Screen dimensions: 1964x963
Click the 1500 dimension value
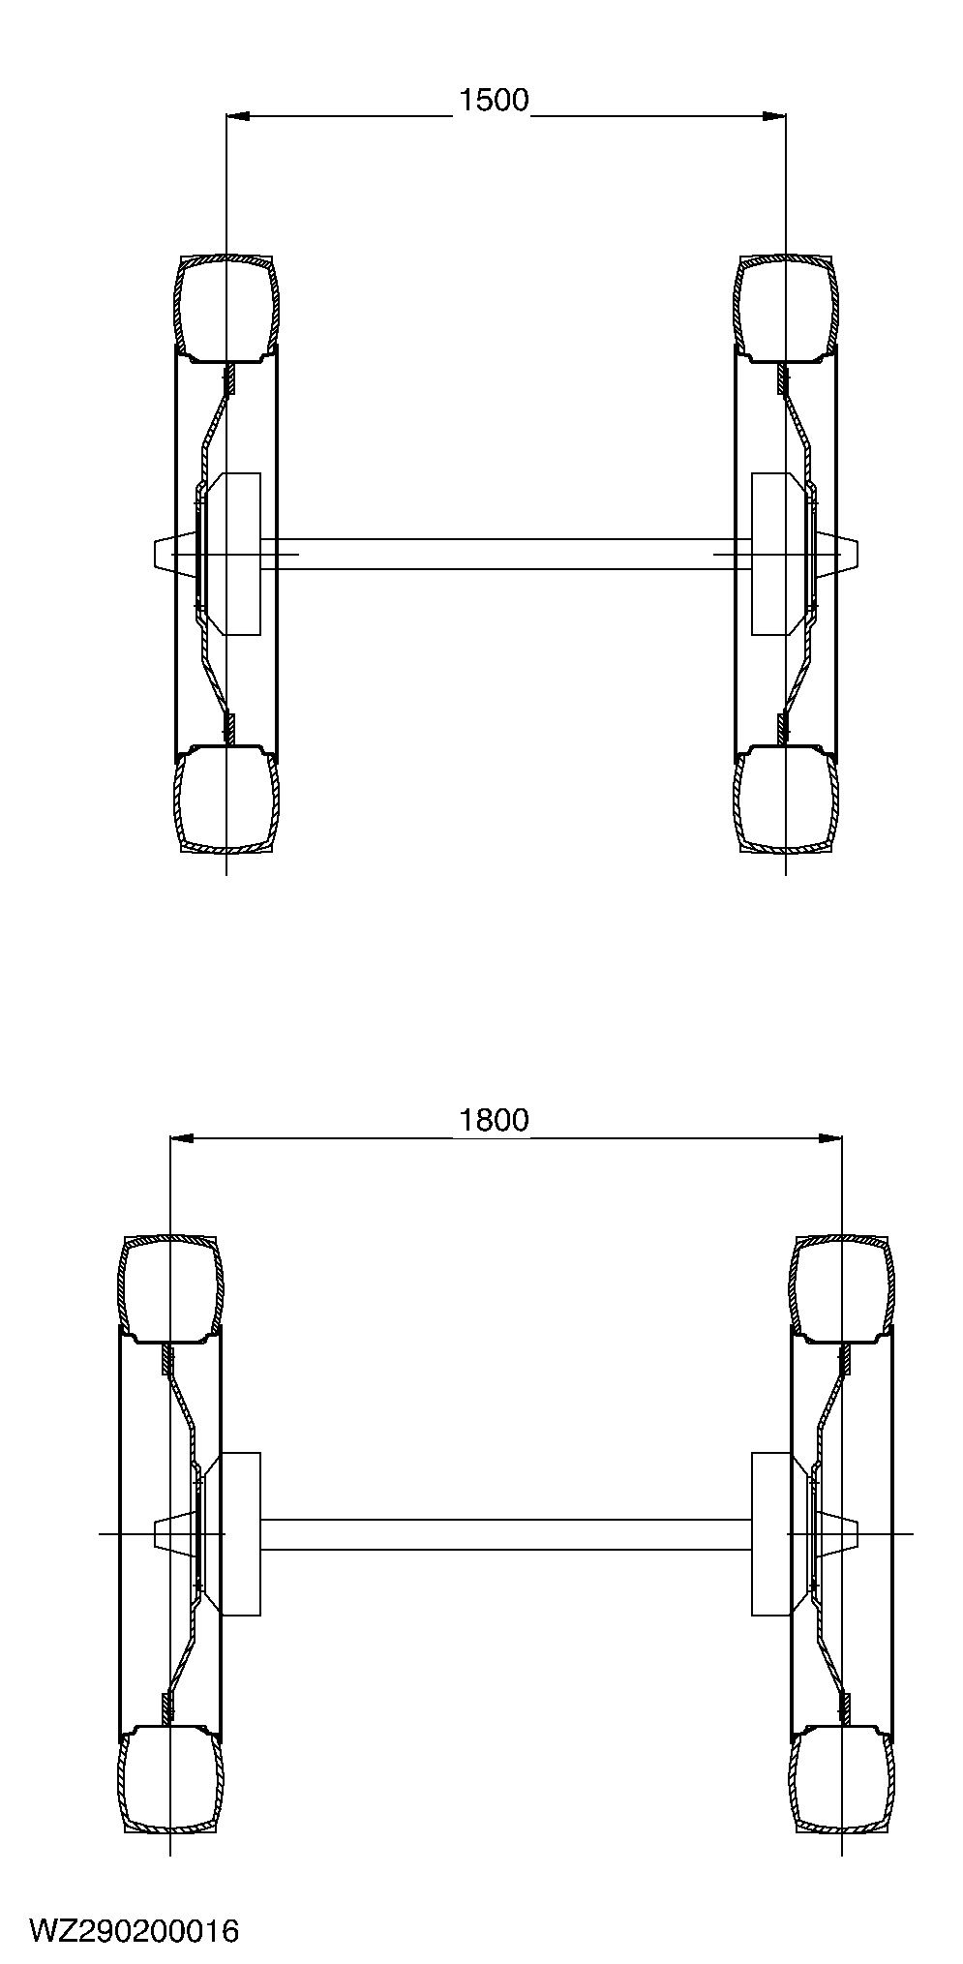pos(494,100)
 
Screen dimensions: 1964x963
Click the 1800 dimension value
pos(494,1120)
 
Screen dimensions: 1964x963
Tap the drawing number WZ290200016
pos(134,1931)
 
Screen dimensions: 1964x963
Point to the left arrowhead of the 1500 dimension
pos(237,116)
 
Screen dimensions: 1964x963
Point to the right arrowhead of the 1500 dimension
pos(773,116)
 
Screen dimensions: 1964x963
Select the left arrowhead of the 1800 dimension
pos(182,1137)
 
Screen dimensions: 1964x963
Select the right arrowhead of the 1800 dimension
pos(829,1137)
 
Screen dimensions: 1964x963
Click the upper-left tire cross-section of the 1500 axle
pos(226,308)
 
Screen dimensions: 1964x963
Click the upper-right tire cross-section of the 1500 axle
pos(785,308)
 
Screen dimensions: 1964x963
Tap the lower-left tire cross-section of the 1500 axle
pos(226,801)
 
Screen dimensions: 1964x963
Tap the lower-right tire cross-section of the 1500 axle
pos(785,801)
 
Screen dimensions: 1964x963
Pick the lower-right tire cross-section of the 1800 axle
pos(842,1780)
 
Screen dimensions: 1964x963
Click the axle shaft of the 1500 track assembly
pos(503,554)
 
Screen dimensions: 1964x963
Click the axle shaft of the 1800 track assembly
pos(503,1534)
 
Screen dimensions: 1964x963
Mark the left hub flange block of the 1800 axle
pos(241,1534)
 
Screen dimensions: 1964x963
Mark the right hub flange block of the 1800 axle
pos(770,1534)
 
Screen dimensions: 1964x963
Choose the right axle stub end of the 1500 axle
pos(848,554)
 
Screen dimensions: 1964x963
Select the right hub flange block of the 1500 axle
pos(770,554)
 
